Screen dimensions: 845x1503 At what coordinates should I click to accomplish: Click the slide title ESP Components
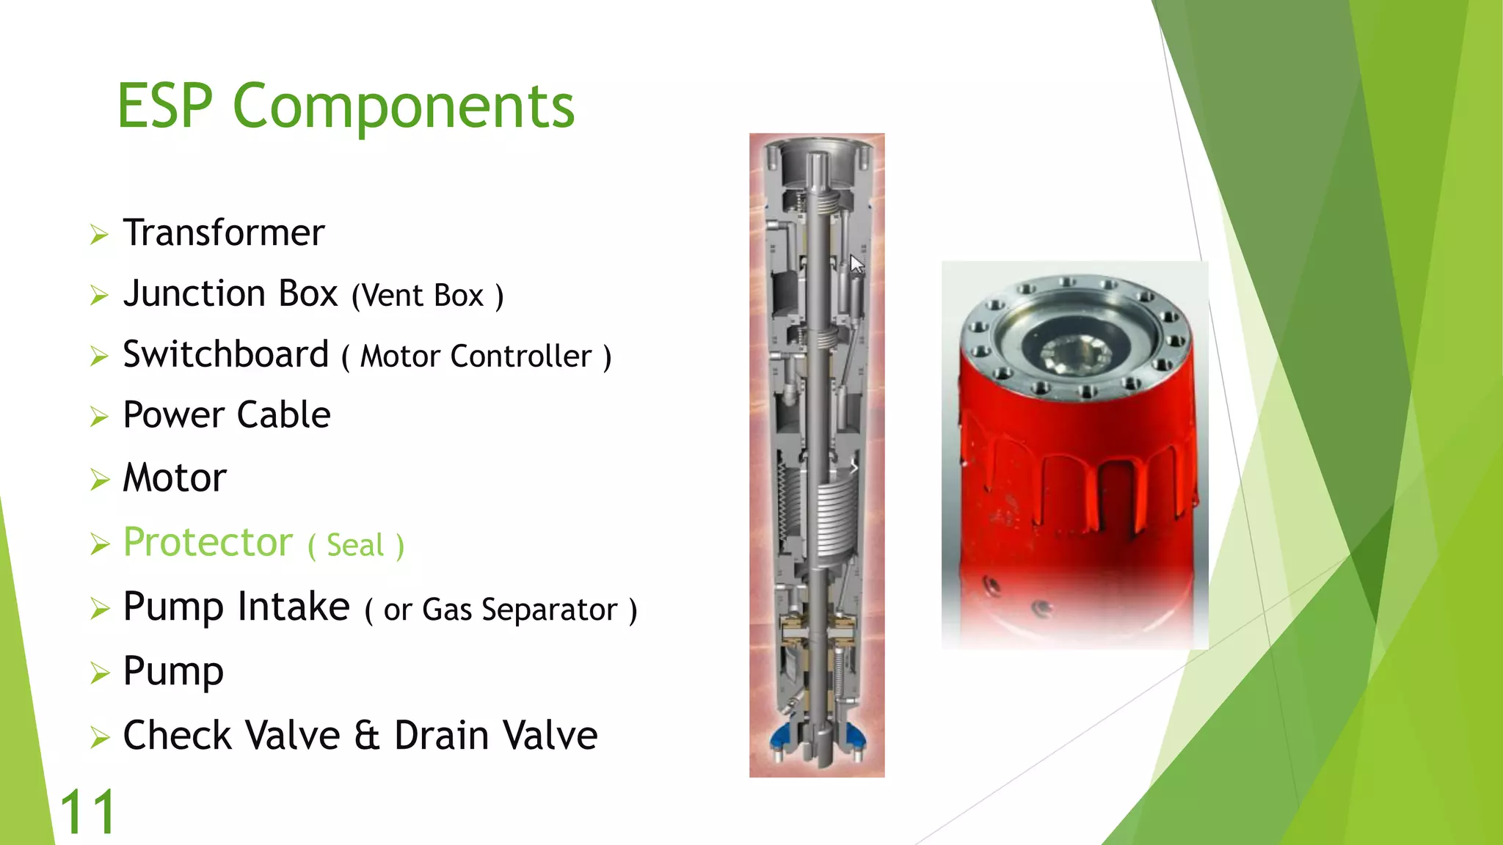(x=346, y=106)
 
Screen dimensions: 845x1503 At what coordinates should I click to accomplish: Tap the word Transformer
(x=223, y=233)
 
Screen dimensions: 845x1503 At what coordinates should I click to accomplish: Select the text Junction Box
(x=230, y=294)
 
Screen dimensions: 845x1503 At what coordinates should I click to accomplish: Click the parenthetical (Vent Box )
(x=427, y=296)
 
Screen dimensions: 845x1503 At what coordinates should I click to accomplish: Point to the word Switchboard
(x=226, y=355)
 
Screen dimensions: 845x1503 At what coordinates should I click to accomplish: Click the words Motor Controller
(x=476, y=357)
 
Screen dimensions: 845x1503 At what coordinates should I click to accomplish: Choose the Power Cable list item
(x=227, y=415)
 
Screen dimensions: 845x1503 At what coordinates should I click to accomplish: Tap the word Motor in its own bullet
(x=175, y=478)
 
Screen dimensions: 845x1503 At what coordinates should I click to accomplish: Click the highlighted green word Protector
(x=208, y=543)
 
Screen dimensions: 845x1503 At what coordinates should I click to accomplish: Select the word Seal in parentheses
(x=355, y=546)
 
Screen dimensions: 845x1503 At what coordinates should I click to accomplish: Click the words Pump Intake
(x=236, y=607)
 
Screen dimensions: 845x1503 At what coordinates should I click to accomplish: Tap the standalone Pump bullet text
(x=173, y=671)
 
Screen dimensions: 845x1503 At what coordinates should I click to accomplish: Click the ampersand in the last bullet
(x=367, y=736)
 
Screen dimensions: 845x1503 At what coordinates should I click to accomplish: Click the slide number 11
(x=87, y=813)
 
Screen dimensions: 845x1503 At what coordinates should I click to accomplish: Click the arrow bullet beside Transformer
(x=99, y=235)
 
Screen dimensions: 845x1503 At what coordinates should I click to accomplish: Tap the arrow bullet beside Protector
(x=99, y=544)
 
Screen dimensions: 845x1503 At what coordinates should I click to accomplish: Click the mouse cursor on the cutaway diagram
(x=856, y=263)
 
